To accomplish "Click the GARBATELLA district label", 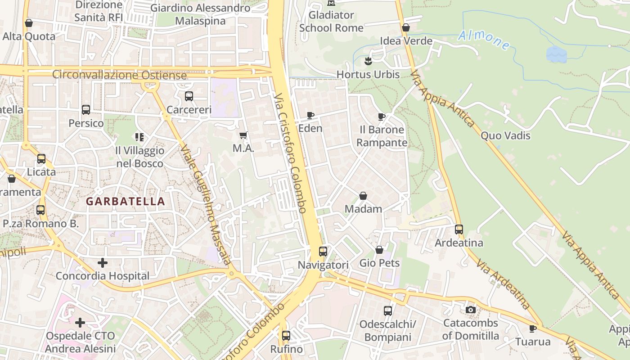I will tap(126, 201).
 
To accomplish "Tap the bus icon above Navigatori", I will tap(323, 252).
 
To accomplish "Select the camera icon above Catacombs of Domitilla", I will tap(471, 310).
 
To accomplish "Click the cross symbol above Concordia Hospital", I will tap(103, 262).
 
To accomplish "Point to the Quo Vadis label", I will tap(505, 135).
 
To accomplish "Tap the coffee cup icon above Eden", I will tap(310, 116).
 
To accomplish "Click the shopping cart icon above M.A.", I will tap(243, 135).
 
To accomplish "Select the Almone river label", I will tap(484, 40).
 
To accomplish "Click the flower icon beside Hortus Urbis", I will tap(368, 61).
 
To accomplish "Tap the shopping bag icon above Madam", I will tap(363, 196).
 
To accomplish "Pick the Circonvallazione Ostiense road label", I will tap(119, 75).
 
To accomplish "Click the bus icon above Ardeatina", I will tap(459, 229).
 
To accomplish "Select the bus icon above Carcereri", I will tap(189, 96).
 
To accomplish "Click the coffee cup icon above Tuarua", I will tap(533, 328).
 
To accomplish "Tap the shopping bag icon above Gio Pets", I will tap(379, 250).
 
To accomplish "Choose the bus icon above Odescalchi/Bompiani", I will tap(388, 310).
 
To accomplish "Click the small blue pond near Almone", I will tap(556, 54).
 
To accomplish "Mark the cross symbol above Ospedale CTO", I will tap(80, 322).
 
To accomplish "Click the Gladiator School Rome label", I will tap(331, 21).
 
